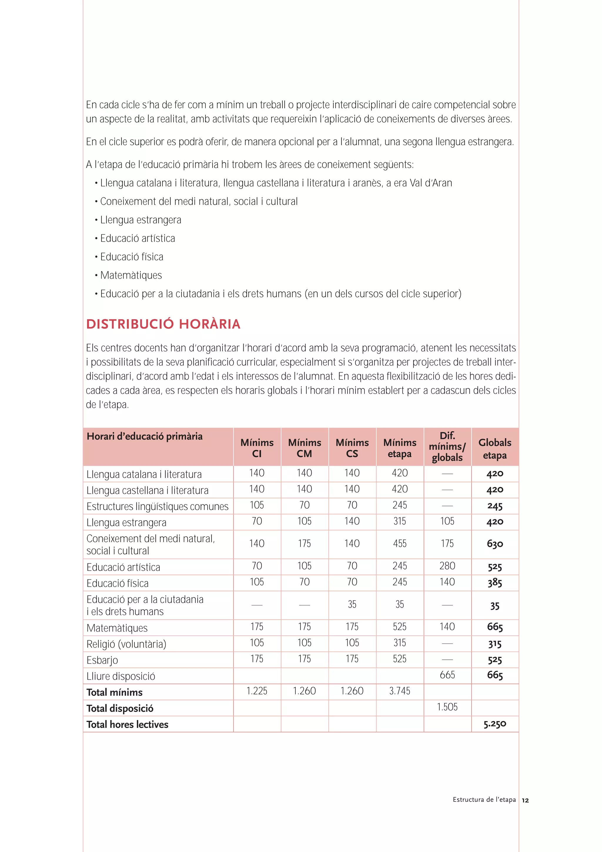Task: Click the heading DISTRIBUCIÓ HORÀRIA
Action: click(x=163, y=324)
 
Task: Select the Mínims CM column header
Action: click(x=304, y=448)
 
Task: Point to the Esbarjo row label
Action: click(x=102, y=660)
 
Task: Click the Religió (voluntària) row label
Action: click(x=126, y=644)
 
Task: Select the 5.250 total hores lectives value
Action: click(x=494, y=724)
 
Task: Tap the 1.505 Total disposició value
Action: click(x=447, y=707)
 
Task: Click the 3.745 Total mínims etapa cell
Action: click(x=399, y=691)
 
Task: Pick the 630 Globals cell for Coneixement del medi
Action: click(x=495, y=544)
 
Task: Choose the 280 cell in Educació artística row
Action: click(x=447, y=566)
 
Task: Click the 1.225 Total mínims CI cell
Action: click(x=257, y=691)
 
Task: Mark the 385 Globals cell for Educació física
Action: click(x=495, y=583)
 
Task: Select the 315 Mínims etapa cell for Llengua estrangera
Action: click(x=399, y=521)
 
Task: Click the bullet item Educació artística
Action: click(x=137, y=238)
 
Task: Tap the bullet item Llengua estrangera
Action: click(x=141, y=220)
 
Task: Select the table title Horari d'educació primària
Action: click(x=145, y=436)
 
